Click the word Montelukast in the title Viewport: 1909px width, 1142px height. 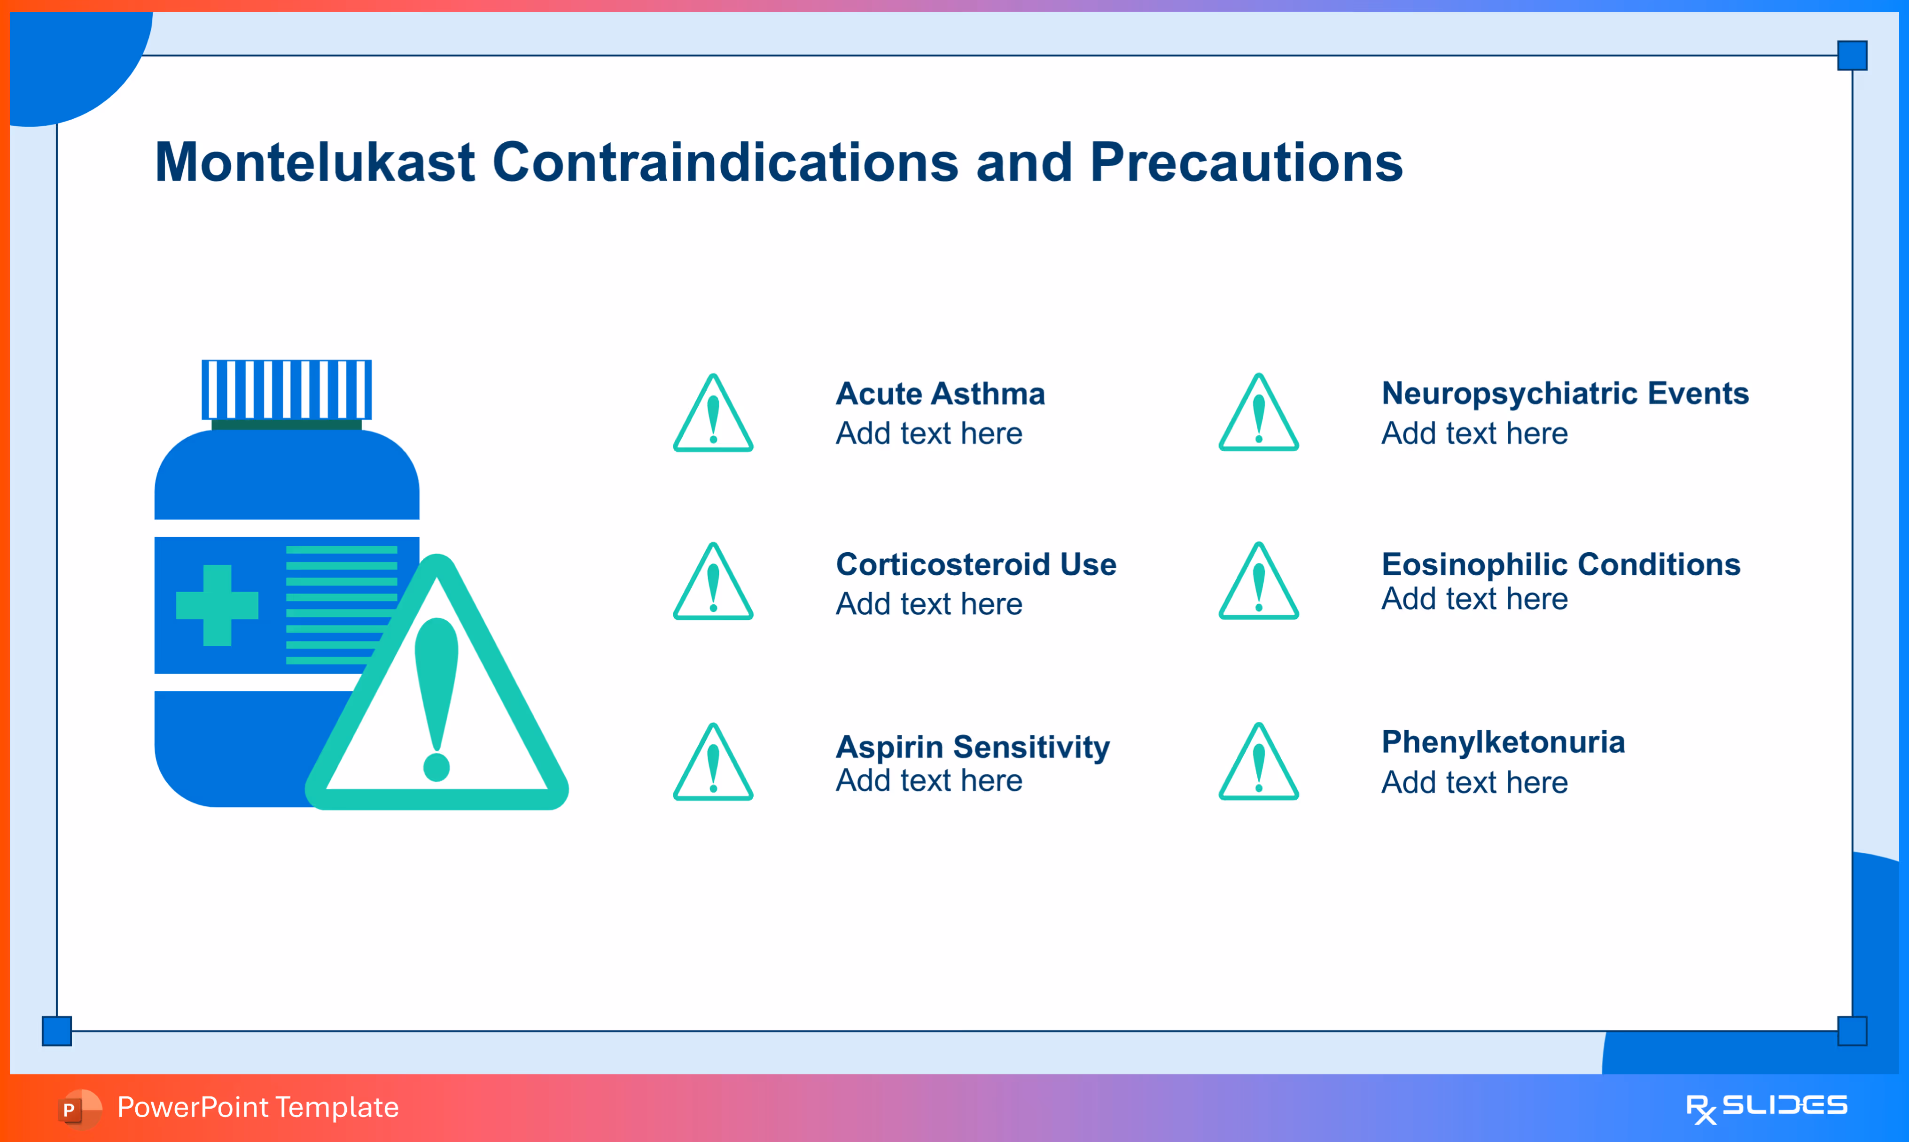click(315, 162)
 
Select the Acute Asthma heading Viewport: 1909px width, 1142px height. click(941, 394)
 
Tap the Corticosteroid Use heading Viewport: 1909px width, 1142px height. click(976, 565)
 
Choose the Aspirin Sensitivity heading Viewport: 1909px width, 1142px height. click(973, 747)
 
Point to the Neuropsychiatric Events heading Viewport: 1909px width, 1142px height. click(1565, 394)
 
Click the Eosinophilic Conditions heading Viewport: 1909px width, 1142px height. click(1561, 565)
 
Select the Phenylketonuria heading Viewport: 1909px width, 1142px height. click(1504, 742)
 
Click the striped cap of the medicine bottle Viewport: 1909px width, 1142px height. click(286, 389)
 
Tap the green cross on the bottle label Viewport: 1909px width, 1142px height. click(217, 606)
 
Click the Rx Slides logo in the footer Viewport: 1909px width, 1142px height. click(1767, 1108)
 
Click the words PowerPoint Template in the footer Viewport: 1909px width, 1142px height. click(258, 1107)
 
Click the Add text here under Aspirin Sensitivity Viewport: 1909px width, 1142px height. click(929, 781)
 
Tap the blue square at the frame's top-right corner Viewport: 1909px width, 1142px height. click(1852, 55)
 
